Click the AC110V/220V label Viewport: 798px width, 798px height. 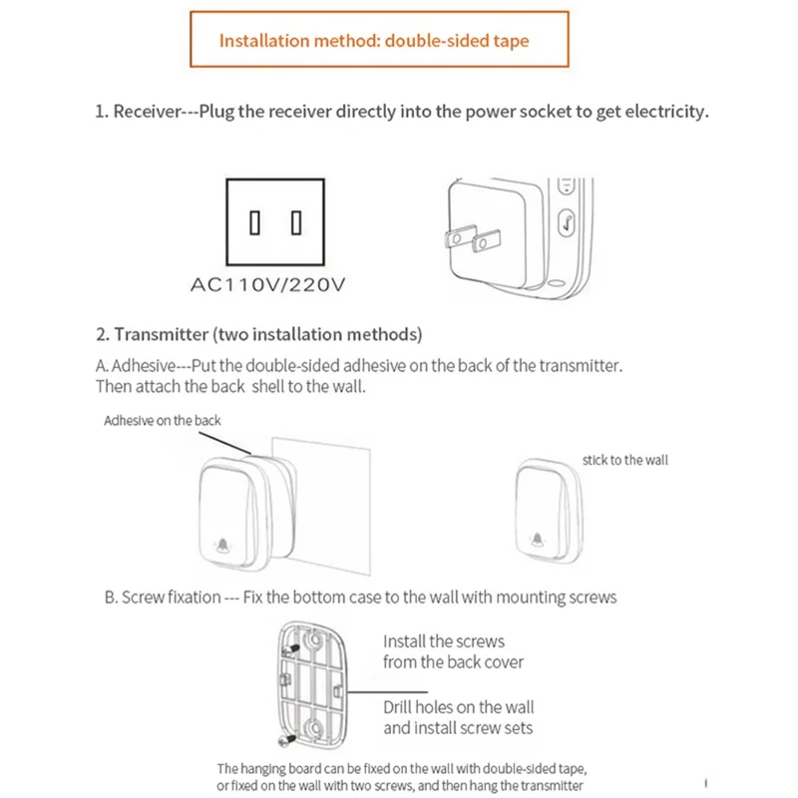pyautogui.click(x=268, y=285)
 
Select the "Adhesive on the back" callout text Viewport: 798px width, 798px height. pyautogui.click(x=163, y=421)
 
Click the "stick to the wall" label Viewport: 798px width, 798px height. pyautogui.click(x=625, y=460)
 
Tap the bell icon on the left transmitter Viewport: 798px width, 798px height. pyautogui.click(x=221, y=545)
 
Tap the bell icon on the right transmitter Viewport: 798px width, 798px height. pyautogui.click(x=539, y=540)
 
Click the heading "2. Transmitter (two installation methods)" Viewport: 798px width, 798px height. pyautogui.click(x=258, y=333)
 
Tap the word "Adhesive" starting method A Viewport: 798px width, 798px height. pyautogui.click(x=148, y=366)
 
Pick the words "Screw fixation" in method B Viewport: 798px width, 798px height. pyautogui.click(x=171, y=598)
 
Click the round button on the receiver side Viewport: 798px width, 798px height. pyautogui.click(x=566, y=222)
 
